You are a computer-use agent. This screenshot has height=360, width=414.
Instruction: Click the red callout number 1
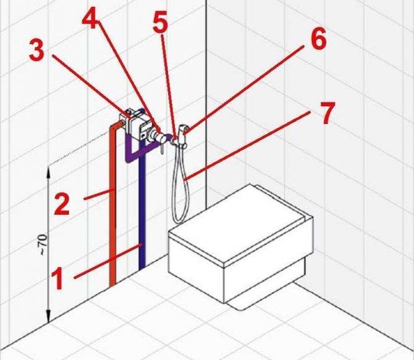coord(57,278)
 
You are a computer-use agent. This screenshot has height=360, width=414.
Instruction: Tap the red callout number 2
coord(62,203)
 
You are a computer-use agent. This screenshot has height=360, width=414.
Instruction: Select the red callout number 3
coord(36,50)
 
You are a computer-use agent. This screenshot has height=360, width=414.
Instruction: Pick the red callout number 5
coord(160,22)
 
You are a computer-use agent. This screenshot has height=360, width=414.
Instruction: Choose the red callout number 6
coord(319,39)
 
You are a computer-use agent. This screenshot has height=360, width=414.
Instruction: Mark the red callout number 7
coord(327,113)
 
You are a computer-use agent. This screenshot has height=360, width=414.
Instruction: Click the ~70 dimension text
coord(44,245)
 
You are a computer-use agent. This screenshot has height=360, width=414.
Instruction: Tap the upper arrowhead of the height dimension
coord(48,171)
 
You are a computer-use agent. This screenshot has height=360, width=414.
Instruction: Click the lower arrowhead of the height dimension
coord(48,317)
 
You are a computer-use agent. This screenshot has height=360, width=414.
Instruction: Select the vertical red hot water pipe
coord(112,206)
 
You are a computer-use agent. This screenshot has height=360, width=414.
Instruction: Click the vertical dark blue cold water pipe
coord(142,211)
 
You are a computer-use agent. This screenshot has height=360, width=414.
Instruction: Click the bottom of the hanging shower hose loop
coord(180,220)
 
